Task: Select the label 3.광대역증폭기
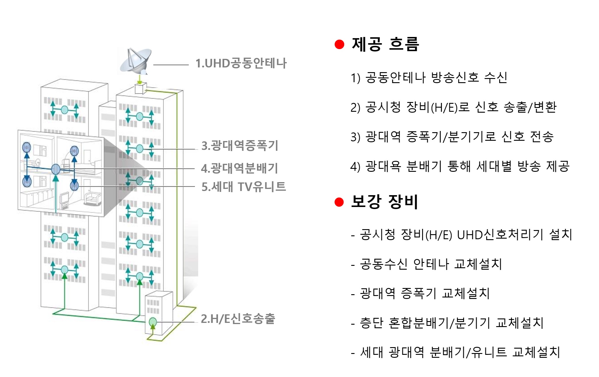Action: tap(240, 146)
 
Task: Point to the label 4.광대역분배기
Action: tap(240, 168)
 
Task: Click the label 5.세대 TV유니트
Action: tap(244, 187)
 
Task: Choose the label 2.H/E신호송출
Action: tap(238, 319)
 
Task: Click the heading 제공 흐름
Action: tap(385, 44)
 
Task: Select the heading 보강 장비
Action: tap(384, 202)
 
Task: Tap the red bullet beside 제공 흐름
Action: tap(339, 44)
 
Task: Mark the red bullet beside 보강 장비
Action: tap(339, 202)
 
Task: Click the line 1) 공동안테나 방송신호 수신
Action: tap(429, 78)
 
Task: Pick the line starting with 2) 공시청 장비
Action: tap(453, 107)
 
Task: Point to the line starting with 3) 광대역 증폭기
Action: tap(452, 137)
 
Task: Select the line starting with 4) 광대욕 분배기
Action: tap(460, 166)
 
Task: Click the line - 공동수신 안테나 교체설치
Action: tap(427, 264)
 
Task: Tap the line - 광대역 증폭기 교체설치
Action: tap(420, 294)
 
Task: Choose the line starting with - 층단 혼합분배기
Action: tap(447, 323)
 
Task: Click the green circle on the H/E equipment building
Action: tap(153, 321)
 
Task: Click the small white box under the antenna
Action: tap(140, 89)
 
